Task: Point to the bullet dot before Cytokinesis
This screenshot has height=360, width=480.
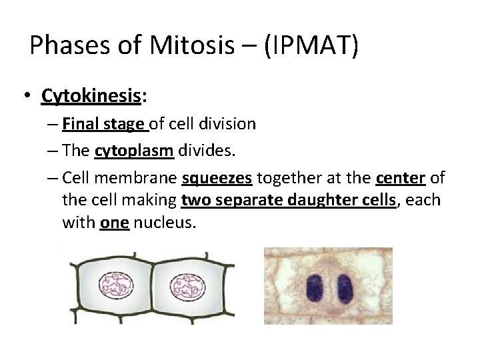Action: [x=26, y=97]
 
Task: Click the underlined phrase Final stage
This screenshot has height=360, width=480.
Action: [x=104, y=123]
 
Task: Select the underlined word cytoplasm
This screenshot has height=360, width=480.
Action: [x=134, y=151]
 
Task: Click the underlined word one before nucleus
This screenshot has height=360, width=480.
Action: [x=115, y=223]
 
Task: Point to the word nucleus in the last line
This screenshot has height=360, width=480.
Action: [x=165, y=223]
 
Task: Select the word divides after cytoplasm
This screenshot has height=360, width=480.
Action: [x=207, y=151]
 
